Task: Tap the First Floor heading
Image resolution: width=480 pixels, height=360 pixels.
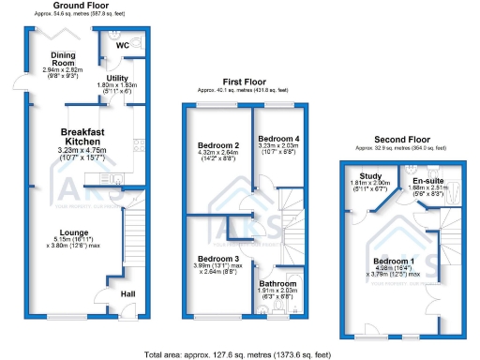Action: coord(239,82)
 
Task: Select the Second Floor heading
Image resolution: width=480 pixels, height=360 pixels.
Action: coord(397,140)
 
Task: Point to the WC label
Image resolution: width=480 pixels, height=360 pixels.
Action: coord(123,45)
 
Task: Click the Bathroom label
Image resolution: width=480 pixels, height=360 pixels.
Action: coord(277,282)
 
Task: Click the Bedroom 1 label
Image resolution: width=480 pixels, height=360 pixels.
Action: coord(393,261)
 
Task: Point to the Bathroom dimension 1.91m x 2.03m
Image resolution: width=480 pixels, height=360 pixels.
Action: coord(277,292)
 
